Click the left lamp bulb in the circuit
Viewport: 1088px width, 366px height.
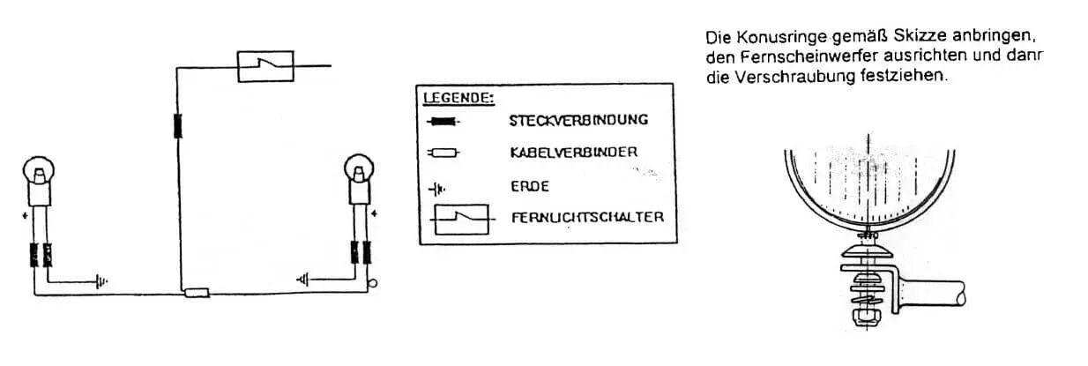click(x=39, y=170)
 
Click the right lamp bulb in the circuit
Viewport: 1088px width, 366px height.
click(x=359, y=168)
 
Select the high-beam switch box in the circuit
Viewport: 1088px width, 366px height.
click(x=265, y=66)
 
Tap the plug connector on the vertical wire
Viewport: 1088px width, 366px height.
click(x=178, y=126)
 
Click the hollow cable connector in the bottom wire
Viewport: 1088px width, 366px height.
click(x=197, y=293)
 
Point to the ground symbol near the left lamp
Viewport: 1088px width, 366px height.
click(x=101, y=281)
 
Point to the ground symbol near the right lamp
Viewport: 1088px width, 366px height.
click(x=302, y=280)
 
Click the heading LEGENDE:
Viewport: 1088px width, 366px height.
click(x=458, y=98)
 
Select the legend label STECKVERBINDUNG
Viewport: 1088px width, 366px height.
click(x=578, y=120)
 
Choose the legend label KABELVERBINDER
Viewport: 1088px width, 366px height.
click(x=574, y=153)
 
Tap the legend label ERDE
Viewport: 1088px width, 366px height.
click(x=530, y=186)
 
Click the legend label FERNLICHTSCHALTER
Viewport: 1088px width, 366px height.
click(x=588, y=217)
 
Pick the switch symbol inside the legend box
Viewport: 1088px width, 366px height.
click(x=461, y=220)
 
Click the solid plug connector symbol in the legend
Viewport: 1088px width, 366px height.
click(x=443, y=121)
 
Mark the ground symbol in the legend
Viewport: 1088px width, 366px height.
click(x=437, y=189)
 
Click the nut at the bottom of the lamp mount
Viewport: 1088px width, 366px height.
click(x=868, y=317)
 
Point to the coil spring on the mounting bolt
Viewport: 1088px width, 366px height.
click(x=868, y=294)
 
